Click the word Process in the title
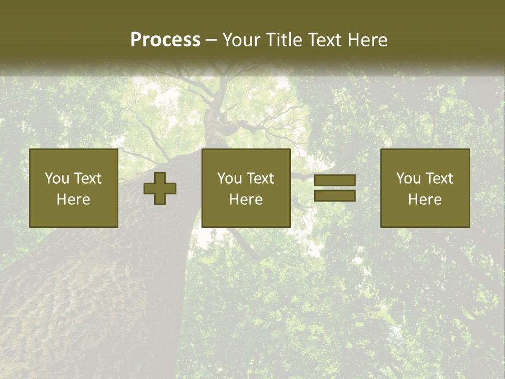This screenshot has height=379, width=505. point(165,40)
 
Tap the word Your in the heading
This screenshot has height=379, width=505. point(240,40)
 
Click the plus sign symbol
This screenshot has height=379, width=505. point(160,188)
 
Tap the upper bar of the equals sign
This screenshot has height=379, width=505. point(335,181)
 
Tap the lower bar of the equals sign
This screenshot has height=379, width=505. point(335,195)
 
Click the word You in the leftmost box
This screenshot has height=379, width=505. point(57,178)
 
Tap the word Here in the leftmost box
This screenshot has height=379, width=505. point(73,200)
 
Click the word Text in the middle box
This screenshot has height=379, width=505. point(260,178)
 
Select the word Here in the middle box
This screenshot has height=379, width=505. point(246,200)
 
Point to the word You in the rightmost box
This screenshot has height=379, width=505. point(408,178)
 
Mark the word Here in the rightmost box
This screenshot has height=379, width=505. point(425,200)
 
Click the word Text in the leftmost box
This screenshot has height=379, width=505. point(88,178)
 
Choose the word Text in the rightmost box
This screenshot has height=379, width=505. point(439,178)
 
